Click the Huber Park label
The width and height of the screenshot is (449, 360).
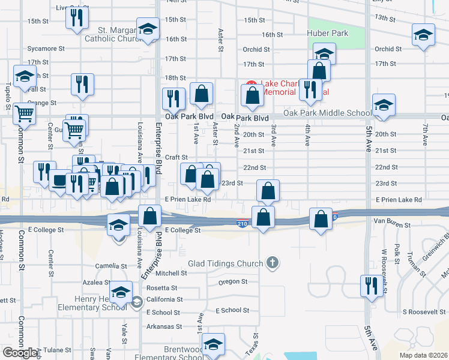(328, 34)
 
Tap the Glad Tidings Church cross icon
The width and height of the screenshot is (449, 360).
(273, 263)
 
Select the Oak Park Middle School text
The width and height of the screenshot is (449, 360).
(327, 113)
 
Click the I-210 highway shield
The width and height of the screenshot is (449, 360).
(240, 223)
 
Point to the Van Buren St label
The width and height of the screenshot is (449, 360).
(387, 221)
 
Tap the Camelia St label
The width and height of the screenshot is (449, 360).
(109, 266)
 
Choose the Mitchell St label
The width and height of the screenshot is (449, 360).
(172, 273)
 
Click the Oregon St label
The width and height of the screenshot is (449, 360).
(229, 281)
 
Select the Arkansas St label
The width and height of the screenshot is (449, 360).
(166, 327)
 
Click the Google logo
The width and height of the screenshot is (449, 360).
(20, 353)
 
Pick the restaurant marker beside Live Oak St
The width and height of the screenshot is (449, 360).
(77, 19)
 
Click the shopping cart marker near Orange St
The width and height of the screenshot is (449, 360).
(24, 113)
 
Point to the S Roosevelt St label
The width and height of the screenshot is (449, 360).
(422, 312)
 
